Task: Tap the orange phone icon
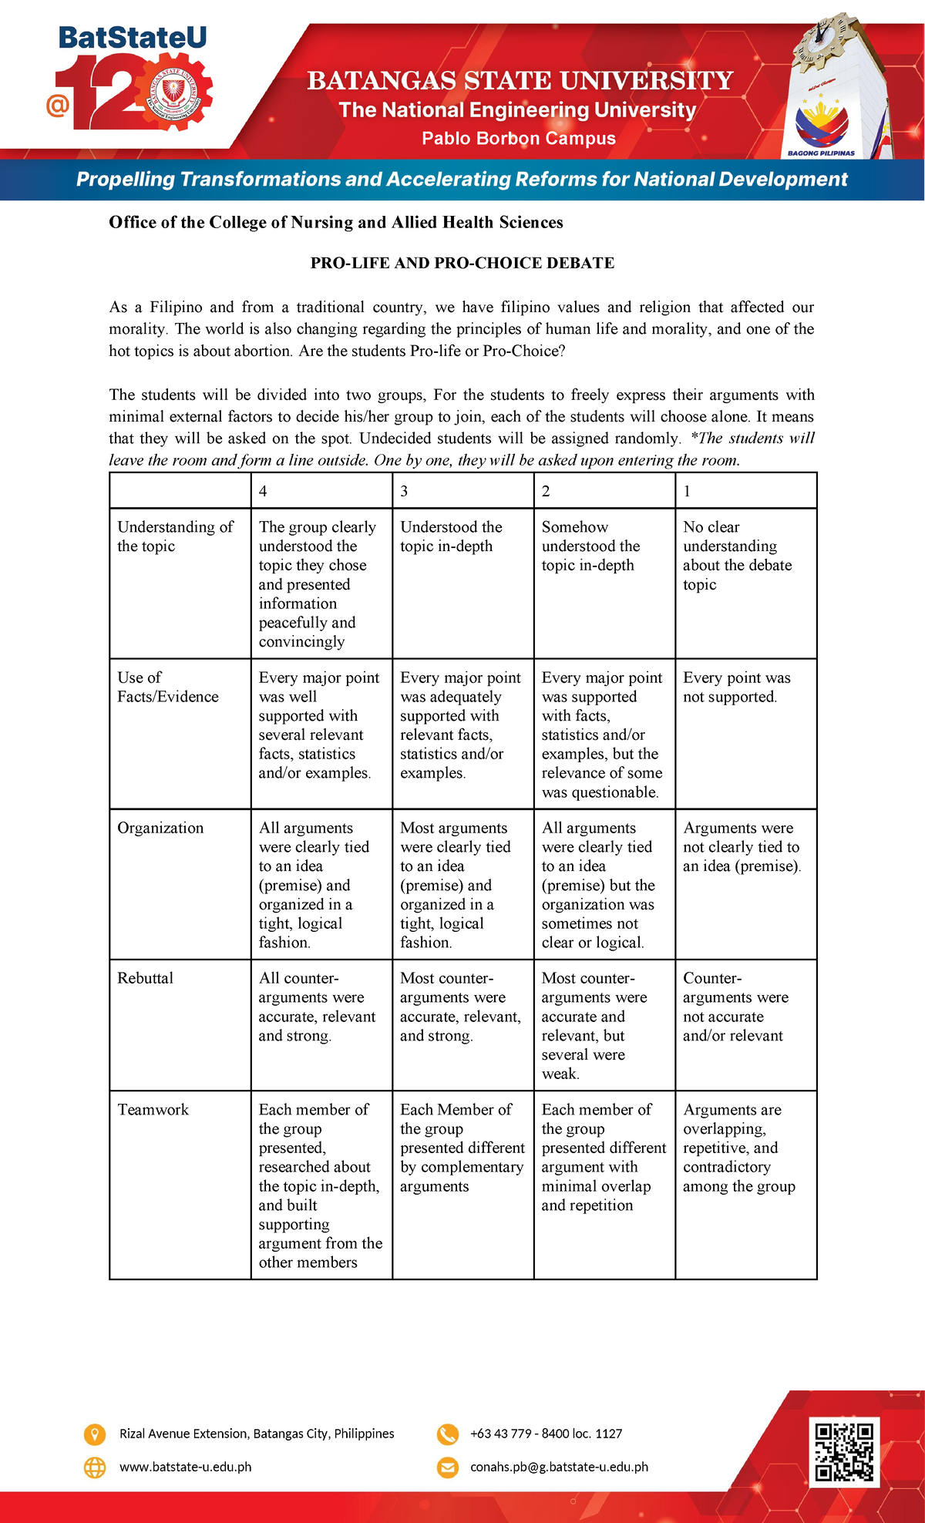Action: click(447, 1434)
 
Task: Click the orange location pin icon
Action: click(94, 1434)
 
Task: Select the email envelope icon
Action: click(447, 1468)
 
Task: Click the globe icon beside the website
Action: click(94, 1468)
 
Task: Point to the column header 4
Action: click(263, 492)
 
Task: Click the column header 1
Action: click(687, 492)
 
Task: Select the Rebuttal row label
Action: click(146, 978)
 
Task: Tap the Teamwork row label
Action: click(153, 1110)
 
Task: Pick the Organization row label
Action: click(160, 828)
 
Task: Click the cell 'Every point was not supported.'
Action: click(736, 688)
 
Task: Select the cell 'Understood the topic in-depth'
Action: click(451, 536)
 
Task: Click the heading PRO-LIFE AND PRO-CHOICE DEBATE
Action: click(462, 263)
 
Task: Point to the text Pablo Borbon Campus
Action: click(518, 139)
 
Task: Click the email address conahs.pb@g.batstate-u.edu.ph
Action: click(559, 1468)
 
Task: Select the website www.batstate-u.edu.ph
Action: click(185, 1468)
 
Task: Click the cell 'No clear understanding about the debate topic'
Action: click(737, 556)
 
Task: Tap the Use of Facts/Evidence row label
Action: click(167, 688)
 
